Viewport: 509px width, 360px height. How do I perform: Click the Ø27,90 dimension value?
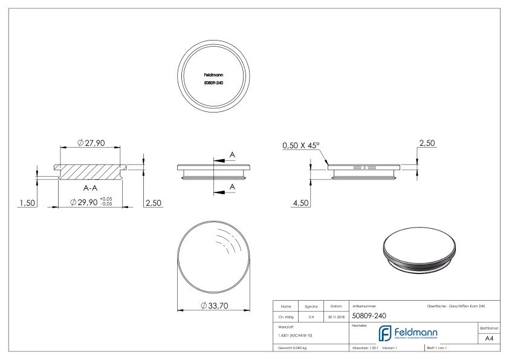coord(91,143)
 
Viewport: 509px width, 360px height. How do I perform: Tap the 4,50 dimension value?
coord(300,201)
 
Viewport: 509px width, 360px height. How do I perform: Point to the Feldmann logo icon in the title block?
coord(384,333)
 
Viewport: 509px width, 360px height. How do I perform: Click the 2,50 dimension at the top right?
coord(427,143)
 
